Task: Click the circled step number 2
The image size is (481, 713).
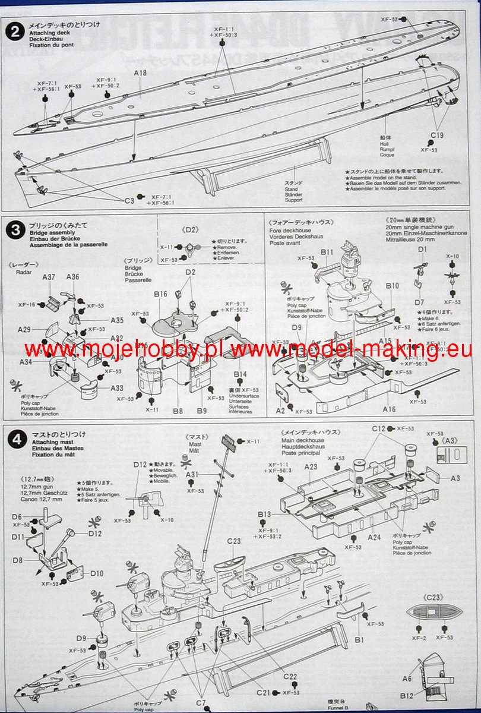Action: (14, 31)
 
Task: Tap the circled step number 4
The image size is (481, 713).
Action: (14, 440)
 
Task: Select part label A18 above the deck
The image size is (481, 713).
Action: (140, 73)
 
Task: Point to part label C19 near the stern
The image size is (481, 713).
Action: (437, 136)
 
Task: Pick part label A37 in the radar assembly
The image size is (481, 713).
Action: (49, 277)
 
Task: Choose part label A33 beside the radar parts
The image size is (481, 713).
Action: (116, 387)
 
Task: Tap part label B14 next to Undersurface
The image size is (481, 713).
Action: (240, 374)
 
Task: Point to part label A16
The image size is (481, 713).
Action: (389, 409)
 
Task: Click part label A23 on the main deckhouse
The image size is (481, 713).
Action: (311, 467)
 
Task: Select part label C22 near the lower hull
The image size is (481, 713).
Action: (290, 677)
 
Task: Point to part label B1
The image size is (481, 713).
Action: (359, 639)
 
